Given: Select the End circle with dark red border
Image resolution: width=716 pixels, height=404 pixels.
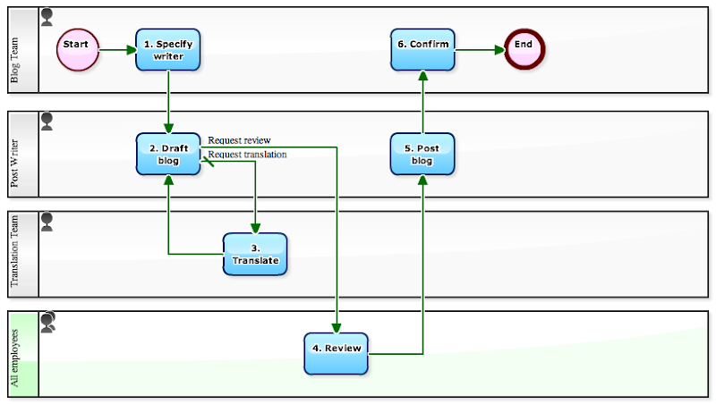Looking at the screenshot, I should [524, 49].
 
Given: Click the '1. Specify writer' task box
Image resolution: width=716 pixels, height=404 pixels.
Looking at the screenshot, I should [168, 49].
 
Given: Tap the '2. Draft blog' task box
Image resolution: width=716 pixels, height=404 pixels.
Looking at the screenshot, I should [168, 154].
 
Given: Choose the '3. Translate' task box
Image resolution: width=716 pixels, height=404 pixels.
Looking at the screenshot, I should [255, 254].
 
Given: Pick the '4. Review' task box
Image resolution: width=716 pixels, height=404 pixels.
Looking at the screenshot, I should [337, 354].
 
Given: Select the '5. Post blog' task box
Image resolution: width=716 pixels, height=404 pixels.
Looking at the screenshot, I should [422, 154].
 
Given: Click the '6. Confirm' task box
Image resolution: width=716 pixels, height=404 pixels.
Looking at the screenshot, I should [422, 49].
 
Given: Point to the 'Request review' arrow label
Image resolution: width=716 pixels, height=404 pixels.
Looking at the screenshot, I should [239, 140].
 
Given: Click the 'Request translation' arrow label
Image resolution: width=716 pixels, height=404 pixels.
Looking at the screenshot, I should [248, 155].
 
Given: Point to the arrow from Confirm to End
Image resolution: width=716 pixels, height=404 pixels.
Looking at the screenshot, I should [480, 49].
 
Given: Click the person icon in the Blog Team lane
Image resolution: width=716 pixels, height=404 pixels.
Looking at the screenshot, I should [47, 16].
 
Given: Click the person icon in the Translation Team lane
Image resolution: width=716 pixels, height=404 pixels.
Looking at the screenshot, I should [47, 219].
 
